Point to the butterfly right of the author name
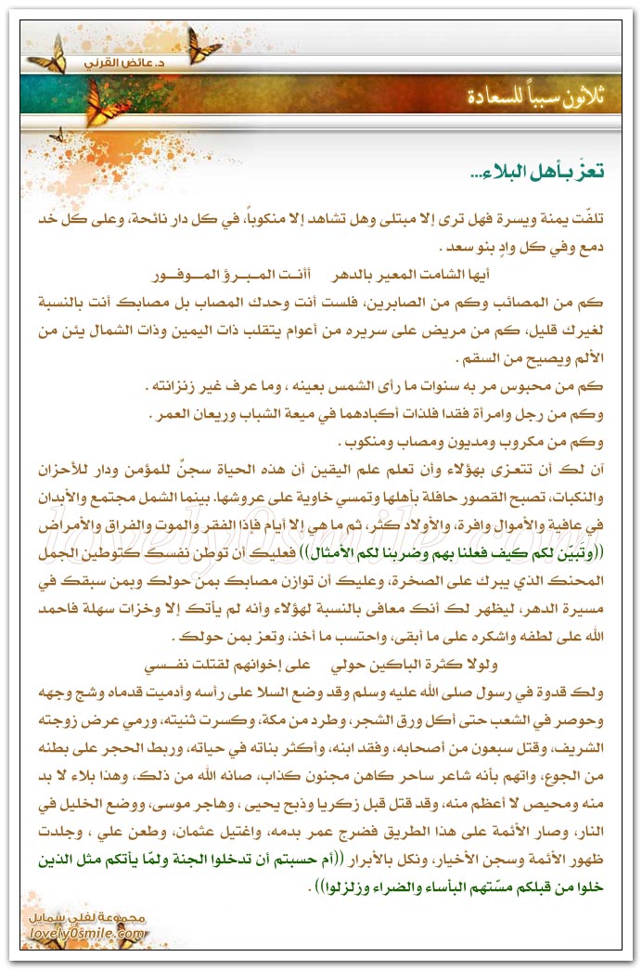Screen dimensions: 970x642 (202, 43)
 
